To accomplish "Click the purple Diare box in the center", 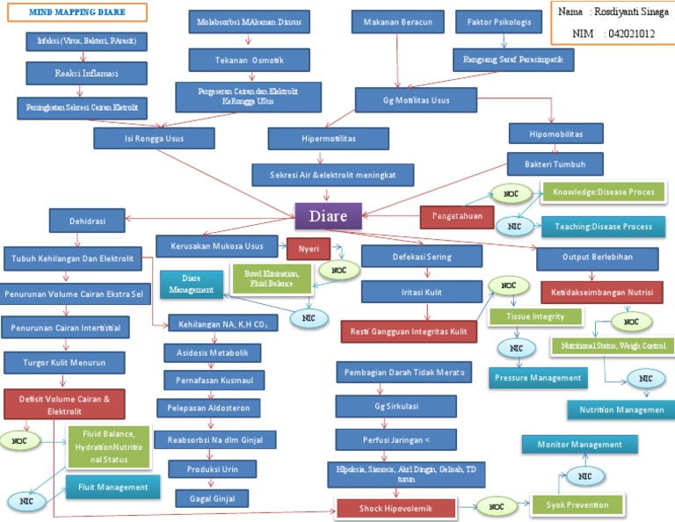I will (328, 215).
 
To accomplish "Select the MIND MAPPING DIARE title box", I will (77, 12).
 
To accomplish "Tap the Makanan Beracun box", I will (397, 22).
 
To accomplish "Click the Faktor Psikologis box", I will (499, 22).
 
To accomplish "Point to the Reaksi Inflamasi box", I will (86, 73).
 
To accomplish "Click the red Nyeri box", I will (308, 249).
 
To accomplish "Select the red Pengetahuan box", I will (457, 215).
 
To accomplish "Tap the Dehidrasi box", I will (88, 221).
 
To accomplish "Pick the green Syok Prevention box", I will (577, 504).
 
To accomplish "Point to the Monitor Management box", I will (579, 445).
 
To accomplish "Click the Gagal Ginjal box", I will (212, 498).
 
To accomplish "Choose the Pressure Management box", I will (538, 378).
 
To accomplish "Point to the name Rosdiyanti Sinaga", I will (618, 12).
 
